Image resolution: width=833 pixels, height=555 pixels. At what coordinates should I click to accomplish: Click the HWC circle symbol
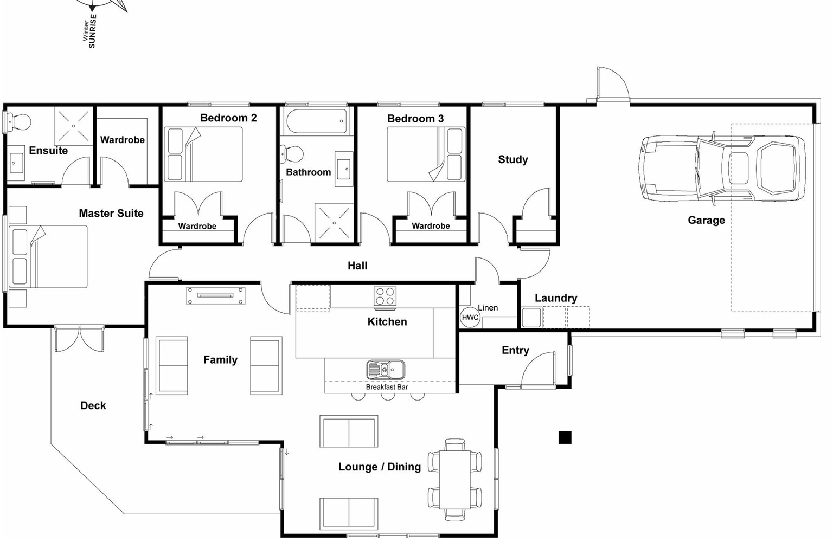click(x=470, y=317)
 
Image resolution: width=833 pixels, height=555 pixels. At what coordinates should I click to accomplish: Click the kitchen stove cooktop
click(x=385, y=296)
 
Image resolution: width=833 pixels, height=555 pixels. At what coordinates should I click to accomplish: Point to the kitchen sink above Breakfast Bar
click(x=386, y=370)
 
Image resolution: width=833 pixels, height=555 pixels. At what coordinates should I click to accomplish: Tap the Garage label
click(x=706, y=220)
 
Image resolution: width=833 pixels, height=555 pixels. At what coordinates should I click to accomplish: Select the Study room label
click(x=512, y=159)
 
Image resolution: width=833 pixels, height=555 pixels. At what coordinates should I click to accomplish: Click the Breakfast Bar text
click(x=387, y=387)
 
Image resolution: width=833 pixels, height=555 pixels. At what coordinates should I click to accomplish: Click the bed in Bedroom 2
click(x=203, y=154)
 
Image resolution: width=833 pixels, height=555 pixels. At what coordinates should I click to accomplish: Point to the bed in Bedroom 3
click(x=426, y=154)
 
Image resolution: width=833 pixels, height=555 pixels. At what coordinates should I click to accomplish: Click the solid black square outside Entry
click(x=565, y=437)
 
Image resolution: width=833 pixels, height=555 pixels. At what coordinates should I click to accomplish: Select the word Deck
click(x=93, y=405)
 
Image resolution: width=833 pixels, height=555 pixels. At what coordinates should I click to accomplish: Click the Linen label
click(x=488, y=308)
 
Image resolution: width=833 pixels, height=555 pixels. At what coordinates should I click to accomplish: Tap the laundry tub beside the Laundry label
click(x=531, y=318)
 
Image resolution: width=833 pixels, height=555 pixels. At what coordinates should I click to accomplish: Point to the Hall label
click(x=357, y=266)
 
